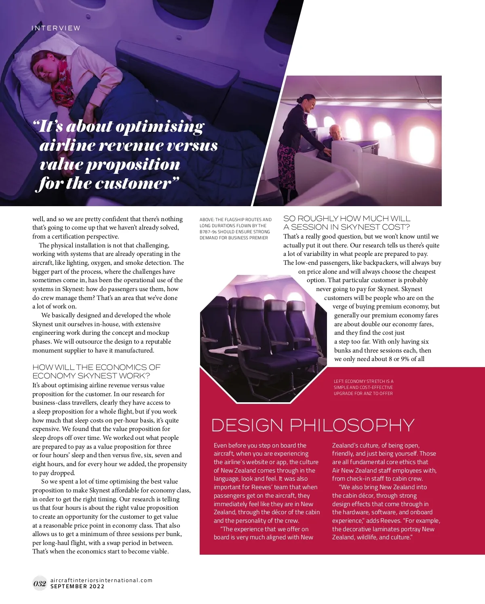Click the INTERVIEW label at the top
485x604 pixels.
click(56, 28)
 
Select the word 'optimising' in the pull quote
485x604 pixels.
click(162, 127)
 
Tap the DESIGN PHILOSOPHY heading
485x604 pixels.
click(312, 425)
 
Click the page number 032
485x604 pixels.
click(40, 583)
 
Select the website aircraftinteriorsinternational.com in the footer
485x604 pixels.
click(101, 580)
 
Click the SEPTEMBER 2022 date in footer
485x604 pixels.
click(77, 586)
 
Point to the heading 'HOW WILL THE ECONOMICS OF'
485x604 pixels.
click(96, 367)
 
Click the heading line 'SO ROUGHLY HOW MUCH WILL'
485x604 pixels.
click(346, 218)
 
